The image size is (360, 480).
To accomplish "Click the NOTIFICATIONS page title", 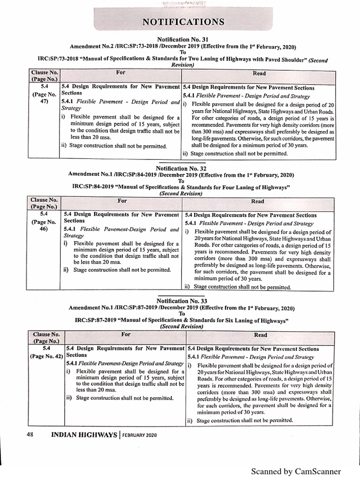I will [180, 22].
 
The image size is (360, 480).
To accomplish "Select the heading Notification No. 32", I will [180, 167].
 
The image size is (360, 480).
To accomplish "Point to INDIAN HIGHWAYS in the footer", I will [83, 435].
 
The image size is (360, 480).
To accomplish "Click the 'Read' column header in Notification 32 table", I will [258, 201].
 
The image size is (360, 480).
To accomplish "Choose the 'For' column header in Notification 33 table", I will [126, 334].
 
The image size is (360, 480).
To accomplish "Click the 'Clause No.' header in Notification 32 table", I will [44, 199].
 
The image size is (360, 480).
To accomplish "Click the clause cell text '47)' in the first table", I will [44, 103].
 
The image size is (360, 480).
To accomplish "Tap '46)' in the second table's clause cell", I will [44, 229].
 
